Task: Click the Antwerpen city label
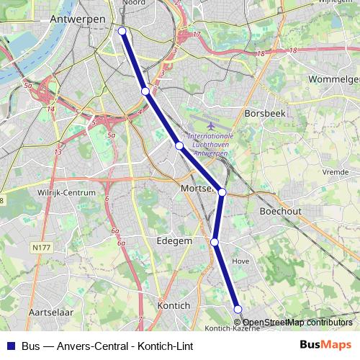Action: tap(78, 19)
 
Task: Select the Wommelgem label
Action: tap(333, 78)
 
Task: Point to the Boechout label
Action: tap(280, 211)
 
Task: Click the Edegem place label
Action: tap(174, 241)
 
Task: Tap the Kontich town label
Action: tap(173, 305)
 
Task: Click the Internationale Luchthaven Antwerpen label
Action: tap(210, 143)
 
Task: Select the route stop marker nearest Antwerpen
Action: tap(122, 31)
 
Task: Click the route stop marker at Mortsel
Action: tap(222, 192)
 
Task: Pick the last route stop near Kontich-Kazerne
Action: tap(238, 309)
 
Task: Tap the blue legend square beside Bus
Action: tap(9, 346)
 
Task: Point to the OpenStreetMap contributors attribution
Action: tap(297, 323)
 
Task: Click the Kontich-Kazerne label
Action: tap(227, 328)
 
